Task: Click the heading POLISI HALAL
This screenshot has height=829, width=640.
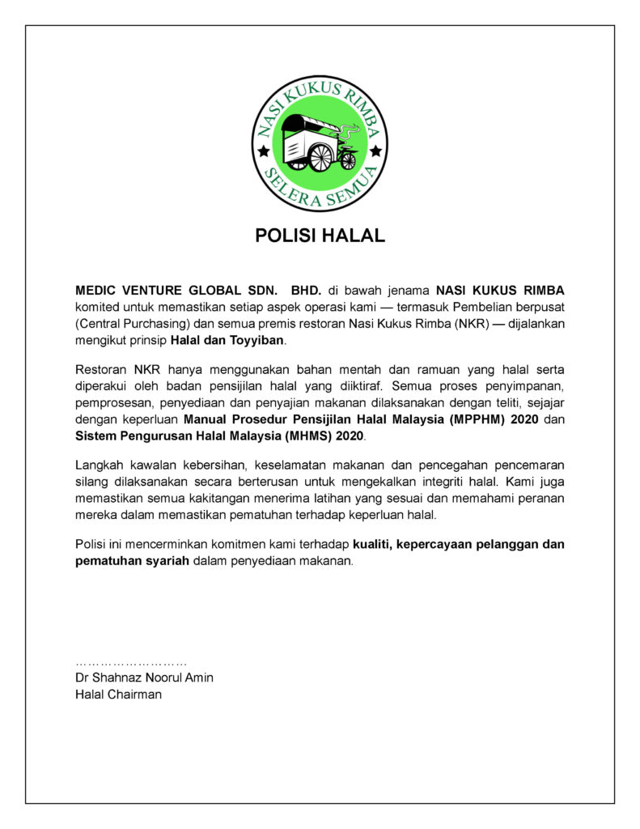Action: pos(320,236)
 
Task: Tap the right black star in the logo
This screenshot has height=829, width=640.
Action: pos(375,151)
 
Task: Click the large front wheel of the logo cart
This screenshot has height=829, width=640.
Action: pos(320,157)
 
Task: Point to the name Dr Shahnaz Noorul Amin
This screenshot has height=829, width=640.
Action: pos(144,678)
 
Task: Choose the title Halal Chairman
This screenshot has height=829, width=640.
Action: pos(118,694)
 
